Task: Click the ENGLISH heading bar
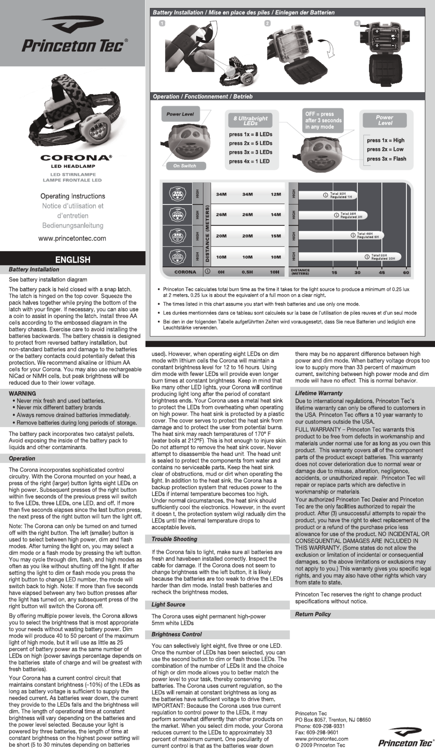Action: coord(73,259)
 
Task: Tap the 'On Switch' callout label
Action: coord(185,166)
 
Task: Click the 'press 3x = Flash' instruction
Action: coord(386,159)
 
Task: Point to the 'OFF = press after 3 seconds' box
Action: coord(323,120)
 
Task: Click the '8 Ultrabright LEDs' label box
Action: coord(250,120)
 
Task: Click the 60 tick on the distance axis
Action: coord(406,272)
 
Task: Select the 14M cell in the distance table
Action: coord(276,214)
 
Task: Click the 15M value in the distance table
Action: coord(276,236)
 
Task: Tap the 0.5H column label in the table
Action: coord(247,272)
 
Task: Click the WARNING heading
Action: coord(22,393)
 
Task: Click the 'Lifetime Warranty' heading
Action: coord(319,393)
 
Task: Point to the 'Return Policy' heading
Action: coord(313,614)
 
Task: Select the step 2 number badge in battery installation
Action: coord(268,23)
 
